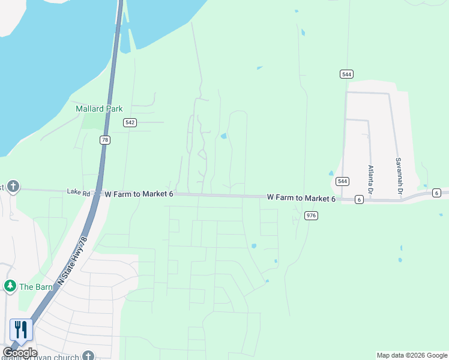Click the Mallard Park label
(x=99, y=109)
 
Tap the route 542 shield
(x=130, y=122)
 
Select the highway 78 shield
(x=105, y=140)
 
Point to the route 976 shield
(x=310, y=215)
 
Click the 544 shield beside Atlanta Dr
(x=342, y=181)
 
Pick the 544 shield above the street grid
(x=346, y=74)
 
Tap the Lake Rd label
(x=78, y=193)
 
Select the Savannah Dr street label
(x=398, y=176)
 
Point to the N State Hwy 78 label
(x=73, y=261)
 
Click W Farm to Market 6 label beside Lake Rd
(x=139, y=194)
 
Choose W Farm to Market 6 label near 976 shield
(x=301, y=198)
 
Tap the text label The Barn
(x=36, y=287)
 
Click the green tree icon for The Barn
(x=10, y=286)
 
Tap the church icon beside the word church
(x=88, y=356)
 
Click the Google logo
(x=20, y=353)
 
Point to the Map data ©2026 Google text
(x=412, y=355)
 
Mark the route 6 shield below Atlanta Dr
(x=359, y=199)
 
